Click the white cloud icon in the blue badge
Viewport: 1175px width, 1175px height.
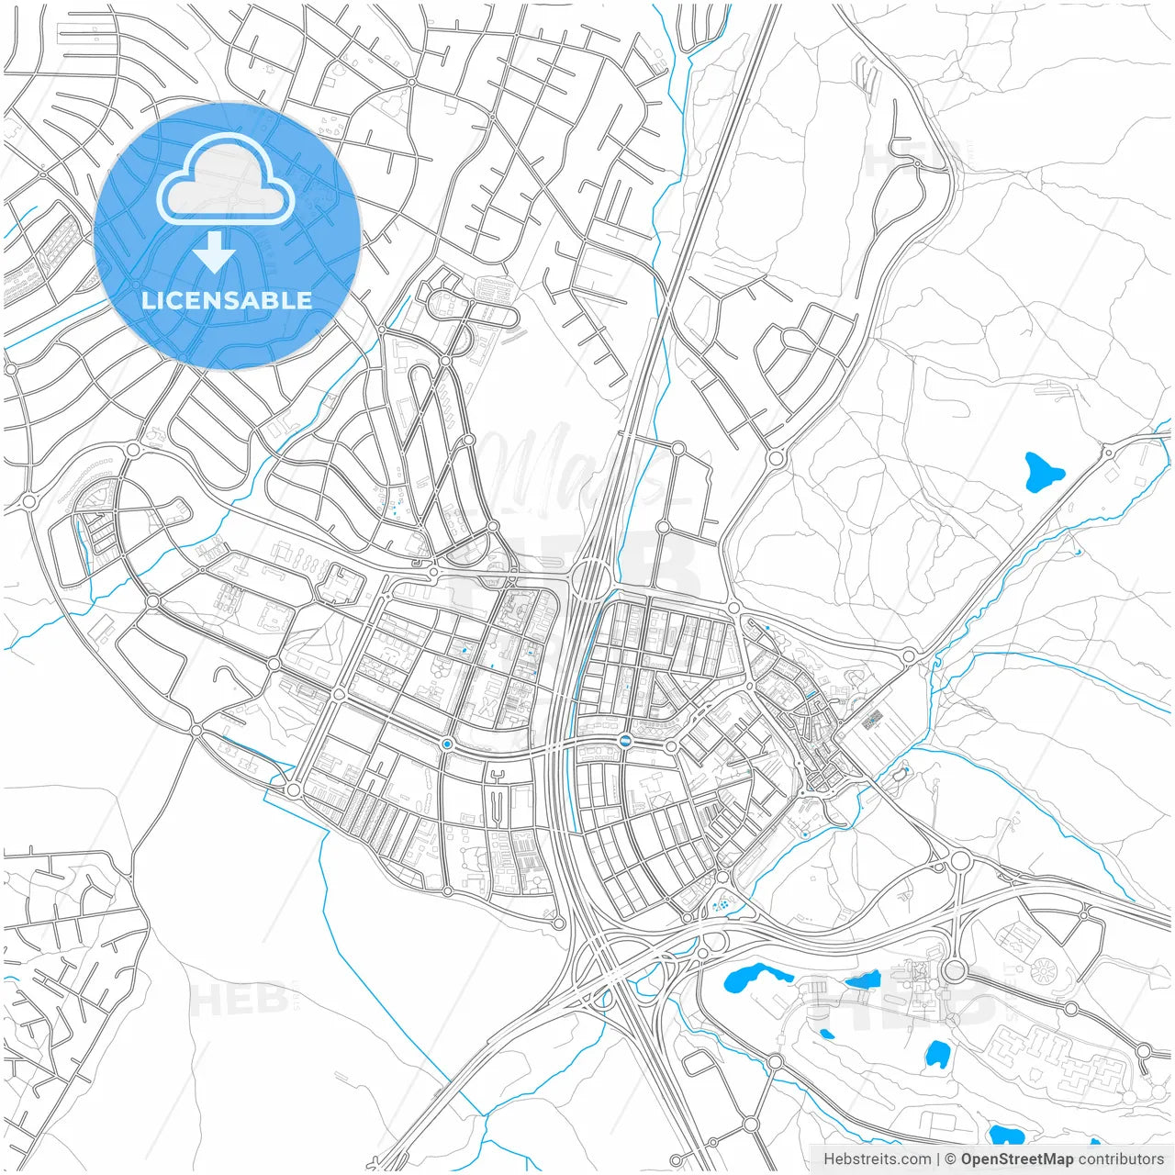point(226,179)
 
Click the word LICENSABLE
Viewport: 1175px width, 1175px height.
point(227,300)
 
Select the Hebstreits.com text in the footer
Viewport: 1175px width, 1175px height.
point(877,1159)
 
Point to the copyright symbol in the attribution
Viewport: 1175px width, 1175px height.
point(950,1159)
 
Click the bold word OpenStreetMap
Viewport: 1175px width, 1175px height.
point(1017,1159)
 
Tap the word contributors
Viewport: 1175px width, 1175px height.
point(1121,1159)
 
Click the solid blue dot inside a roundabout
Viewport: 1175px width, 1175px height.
point(447,744)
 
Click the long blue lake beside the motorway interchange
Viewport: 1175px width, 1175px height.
point(757,978)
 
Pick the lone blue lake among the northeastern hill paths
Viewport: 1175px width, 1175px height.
point(1042,473)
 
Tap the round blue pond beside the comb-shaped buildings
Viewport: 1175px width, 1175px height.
point(936,1054)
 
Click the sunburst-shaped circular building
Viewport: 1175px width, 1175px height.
point(1044,968)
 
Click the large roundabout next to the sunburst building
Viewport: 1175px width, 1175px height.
point(955,969)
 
